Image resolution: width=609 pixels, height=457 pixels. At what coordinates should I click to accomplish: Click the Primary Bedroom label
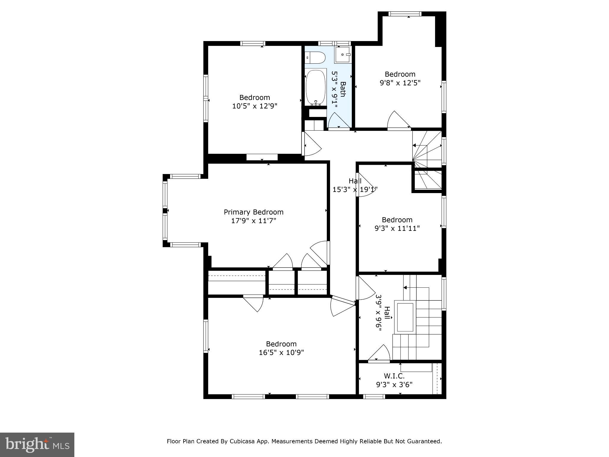[x=253, y=212]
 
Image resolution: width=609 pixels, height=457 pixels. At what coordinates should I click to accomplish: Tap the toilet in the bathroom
[x=315, y=57]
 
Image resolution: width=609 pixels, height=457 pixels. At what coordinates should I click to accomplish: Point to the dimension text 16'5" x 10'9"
[x=281, y=353]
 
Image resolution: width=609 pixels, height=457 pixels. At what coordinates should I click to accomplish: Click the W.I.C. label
[x=394, y=376]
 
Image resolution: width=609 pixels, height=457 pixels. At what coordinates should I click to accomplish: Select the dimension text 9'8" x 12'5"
[x=400, y=83]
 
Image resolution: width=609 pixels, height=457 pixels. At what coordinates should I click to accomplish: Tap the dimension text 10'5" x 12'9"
[x=255, y=106]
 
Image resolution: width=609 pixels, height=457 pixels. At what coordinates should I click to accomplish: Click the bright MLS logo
[x=37, y=445]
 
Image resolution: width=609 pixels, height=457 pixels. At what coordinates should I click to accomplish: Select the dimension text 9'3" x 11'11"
[x=397, y=228]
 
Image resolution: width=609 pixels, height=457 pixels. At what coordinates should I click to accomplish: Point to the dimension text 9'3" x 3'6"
[x=394, y=385]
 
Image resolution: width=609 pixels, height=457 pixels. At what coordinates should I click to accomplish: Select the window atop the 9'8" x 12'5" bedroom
[x=405, y=14]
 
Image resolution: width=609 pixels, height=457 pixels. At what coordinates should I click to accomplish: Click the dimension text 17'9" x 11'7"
[x=253, y=221]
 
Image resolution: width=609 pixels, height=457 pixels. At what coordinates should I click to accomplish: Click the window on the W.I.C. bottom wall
[x=374, y=396]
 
